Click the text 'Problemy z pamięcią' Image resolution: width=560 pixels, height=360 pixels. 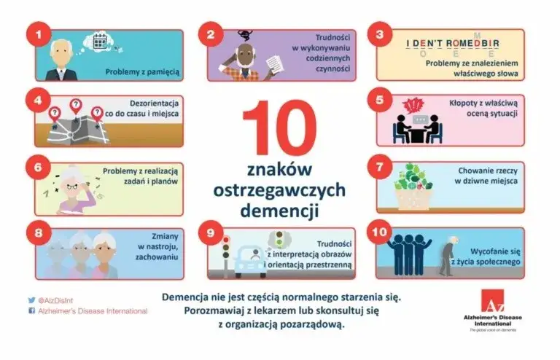point(142,71)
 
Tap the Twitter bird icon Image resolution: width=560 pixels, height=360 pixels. point(31,300)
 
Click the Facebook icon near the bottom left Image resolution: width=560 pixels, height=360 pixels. point(31,310)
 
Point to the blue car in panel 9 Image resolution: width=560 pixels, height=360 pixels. point(252,261)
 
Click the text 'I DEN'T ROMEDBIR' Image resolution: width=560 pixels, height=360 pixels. point(452,43)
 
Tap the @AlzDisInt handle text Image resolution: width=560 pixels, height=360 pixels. point(57,300)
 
